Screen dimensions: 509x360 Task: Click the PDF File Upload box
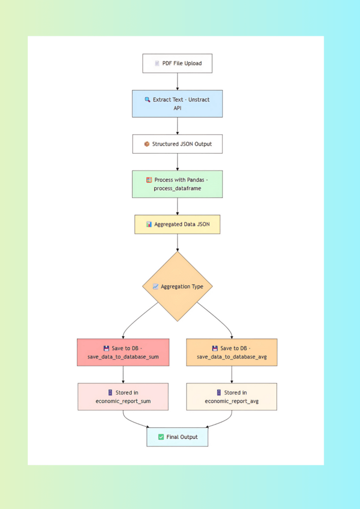coord(177,64)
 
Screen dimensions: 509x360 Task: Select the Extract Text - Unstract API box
coord(177,103)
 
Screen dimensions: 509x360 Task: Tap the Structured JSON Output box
coord(177,144)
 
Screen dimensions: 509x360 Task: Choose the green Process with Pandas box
coord(177,184)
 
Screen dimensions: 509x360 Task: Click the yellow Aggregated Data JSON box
coord(177,224)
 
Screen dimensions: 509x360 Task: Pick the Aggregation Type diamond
coord(177,286)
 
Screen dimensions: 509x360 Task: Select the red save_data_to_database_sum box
coord(123,352)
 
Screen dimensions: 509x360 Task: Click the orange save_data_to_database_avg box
coord(232,352)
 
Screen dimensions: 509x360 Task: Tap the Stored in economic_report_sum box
coord(123,397)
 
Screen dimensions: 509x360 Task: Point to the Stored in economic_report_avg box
coord(232,397)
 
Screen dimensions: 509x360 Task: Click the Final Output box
coord(177,437)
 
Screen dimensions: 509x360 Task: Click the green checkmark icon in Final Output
coord(161,437)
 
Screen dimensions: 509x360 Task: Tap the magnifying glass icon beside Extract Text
coord(147,99)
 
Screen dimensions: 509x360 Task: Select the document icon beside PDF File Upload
coord(157,64)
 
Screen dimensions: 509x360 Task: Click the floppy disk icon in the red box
coord(106,348)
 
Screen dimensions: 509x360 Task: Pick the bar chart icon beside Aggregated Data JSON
coord(149,224)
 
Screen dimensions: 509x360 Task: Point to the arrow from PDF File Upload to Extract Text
coord(177,82)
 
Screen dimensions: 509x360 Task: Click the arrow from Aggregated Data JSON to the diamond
coord(177,243)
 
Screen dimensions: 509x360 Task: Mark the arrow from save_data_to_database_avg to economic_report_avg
coord(232,374)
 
